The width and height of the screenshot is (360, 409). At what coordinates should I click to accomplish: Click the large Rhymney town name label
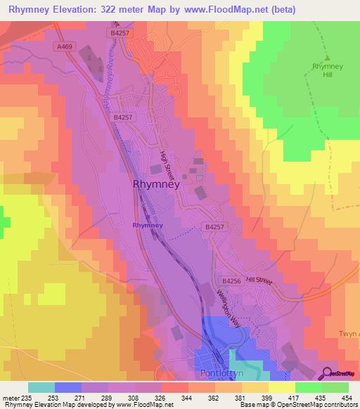pyautogui.click(x=156, y=184)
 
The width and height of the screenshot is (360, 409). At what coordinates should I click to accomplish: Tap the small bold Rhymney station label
pyautogui.click(x=148, y=226)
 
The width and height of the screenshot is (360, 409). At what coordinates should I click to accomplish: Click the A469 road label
pyautogui.click(x=64, y=46)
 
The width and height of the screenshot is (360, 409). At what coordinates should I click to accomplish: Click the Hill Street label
pyautogui.click(x=258, y=280)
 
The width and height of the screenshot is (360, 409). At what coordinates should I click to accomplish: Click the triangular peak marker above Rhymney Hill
pyautogui.click(x=326, y=58)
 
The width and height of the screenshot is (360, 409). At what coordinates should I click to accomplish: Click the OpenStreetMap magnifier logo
pyautogui.click(x=328, y=373)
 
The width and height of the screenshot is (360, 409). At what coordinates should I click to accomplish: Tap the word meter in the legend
pyautogui.click(x=12, y=397)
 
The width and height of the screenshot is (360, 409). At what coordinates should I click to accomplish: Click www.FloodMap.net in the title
pyautogui.click(x=225, y=10)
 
